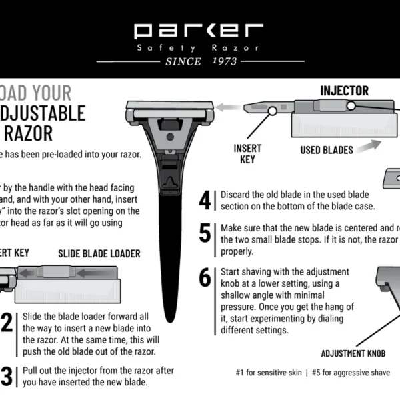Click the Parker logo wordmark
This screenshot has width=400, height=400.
click(199, 30)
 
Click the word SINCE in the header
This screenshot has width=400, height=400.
click(183, 61)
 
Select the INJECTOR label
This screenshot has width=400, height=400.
click(344, 90)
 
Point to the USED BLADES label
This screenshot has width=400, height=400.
click(326, 150)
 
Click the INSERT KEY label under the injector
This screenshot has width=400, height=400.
click(247, 153)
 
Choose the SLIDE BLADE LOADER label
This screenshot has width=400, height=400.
click(99, 253)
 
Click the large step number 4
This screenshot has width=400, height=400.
click(205, 200)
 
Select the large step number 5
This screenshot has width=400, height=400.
click(205, 233)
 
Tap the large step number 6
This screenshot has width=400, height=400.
click(205, 277)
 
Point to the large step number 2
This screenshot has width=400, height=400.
click(7, 323)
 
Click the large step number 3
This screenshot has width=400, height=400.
click(7, 377)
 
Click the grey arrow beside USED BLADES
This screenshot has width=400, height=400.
click(371, 145)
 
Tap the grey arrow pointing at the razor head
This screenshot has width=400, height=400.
click(229, 106)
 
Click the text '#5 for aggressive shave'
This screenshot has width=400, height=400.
click(350, 373)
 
